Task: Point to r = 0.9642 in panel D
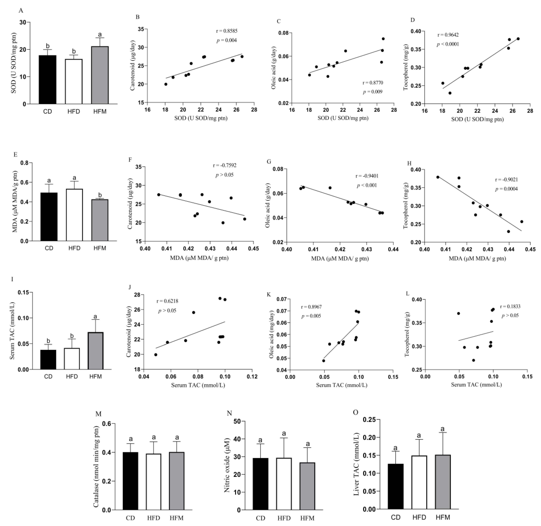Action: [x=448, y=35]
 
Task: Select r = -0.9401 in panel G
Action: [x=367, y=176]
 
